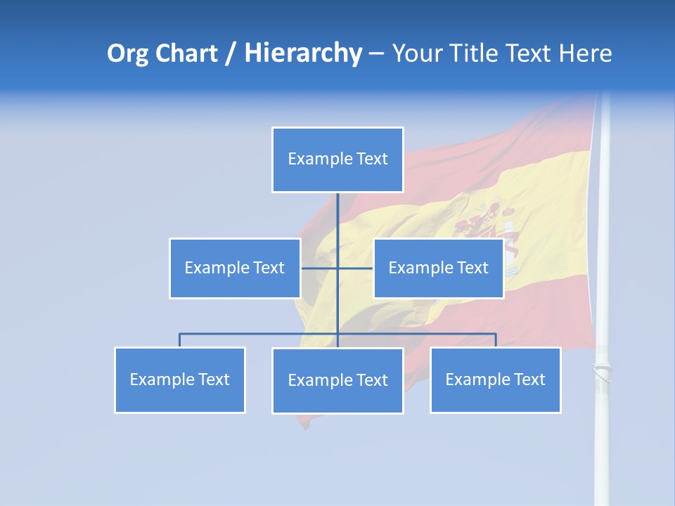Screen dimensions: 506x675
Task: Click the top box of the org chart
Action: pos(337,160)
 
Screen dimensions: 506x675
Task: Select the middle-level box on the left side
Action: pos(235,268)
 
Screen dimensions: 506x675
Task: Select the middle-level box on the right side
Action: pos(438,268)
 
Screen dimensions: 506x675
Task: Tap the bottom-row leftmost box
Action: pos(180,379)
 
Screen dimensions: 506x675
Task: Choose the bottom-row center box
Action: pos(337,380)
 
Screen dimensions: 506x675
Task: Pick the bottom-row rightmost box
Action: pos(495,379)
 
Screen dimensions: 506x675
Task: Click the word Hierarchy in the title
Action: pos(303,53)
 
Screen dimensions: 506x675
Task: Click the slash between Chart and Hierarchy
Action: pos(231,54)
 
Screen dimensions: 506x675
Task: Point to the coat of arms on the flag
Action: pos(492,232)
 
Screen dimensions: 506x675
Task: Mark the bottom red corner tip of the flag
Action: pos(304,424)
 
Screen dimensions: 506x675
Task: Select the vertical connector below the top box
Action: pos(337,218)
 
